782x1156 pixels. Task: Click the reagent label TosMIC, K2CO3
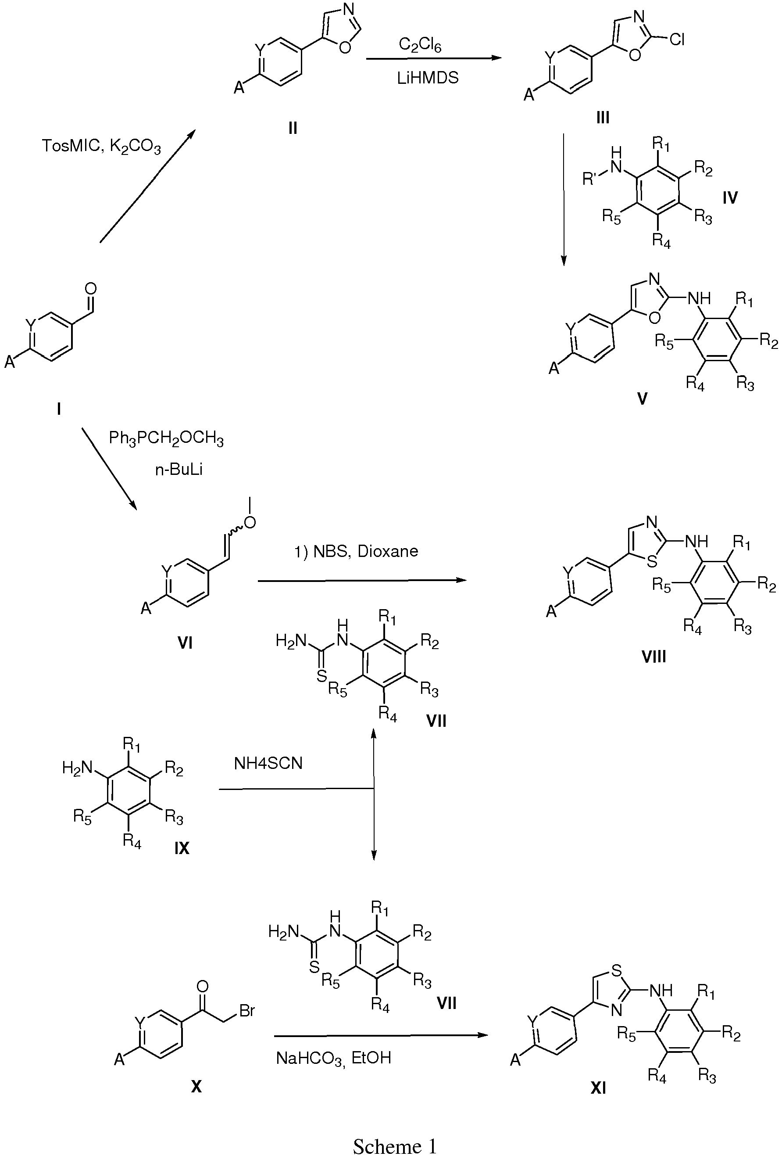(x=101, y=147)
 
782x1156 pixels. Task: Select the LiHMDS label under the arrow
(x=428, y=78)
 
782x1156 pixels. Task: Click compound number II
(x=292, y=128)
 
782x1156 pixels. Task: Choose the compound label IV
(x=730, y=198)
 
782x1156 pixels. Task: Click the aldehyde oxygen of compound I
(x=90, y=288)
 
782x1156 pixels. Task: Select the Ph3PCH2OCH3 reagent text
(x=166, y=440)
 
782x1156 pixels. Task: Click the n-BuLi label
(x=179, y=470)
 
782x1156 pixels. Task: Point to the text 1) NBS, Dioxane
(x=357, y=551)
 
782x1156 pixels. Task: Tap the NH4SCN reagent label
(x=268, y=763)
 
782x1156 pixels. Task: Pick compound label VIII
(x=653, y=657)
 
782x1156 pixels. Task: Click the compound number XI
(x=598, y=1089)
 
